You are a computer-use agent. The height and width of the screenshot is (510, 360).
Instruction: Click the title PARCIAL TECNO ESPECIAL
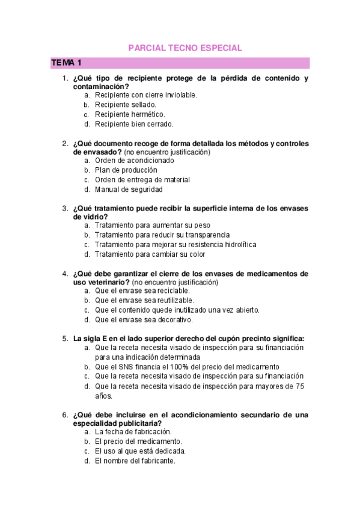point(185,48)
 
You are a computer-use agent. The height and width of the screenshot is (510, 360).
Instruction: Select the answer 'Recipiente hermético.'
point(130,114)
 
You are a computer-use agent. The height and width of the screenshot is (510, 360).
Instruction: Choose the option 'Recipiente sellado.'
point(126,105)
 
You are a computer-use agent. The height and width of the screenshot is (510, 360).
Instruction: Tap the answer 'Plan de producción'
point(126,170)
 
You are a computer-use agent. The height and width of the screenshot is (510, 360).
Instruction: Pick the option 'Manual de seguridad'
point(129,189)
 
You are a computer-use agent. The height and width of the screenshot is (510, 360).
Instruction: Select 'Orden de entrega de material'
point(142,180)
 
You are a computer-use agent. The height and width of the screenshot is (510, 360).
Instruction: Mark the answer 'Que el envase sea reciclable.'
point(142,290)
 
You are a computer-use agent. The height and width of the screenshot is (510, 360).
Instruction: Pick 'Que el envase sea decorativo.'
point(144,319)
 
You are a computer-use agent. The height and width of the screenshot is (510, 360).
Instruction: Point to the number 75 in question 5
point(301,386)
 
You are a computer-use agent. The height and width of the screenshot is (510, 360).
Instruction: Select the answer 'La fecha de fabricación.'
point(133,432)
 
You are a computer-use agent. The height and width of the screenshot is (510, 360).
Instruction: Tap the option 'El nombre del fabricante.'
point(135,461)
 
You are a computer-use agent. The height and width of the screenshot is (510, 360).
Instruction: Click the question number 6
point(65,415)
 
